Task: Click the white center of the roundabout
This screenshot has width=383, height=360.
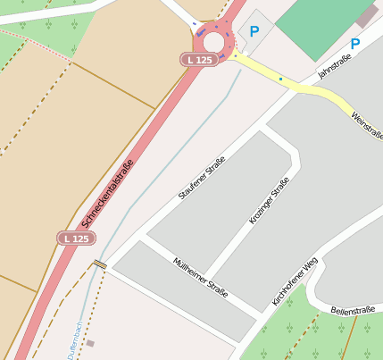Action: click(x=214, y=42)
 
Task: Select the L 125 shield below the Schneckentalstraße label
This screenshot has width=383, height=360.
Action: click(x=77, y=239)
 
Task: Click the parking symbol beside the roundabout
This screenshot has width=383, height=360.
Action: click(x=254, y=31)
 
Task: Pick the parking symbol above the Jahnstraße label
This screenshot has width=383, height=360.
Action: click(x=354, y=43)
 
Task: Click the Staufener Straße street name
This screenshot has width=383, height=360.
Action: click(x=202, y=178)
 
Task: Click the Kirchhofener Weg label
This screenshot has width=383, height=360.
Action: click(x=295, y=281)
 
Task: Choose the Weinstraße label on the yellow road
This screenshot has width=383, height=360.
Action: click(x=366, y=122)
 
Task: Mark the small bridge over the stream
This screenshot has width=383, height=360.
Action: click(x=100, y=264)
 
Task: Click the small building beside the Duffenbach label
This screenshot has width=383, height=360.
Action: click(x=90, y=343)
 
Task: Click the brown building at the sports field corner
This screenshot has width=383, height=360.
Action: click(x=366, y=15)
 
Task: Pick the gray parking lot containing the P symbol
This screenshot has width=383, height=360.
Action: click(x=257, y=36)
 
